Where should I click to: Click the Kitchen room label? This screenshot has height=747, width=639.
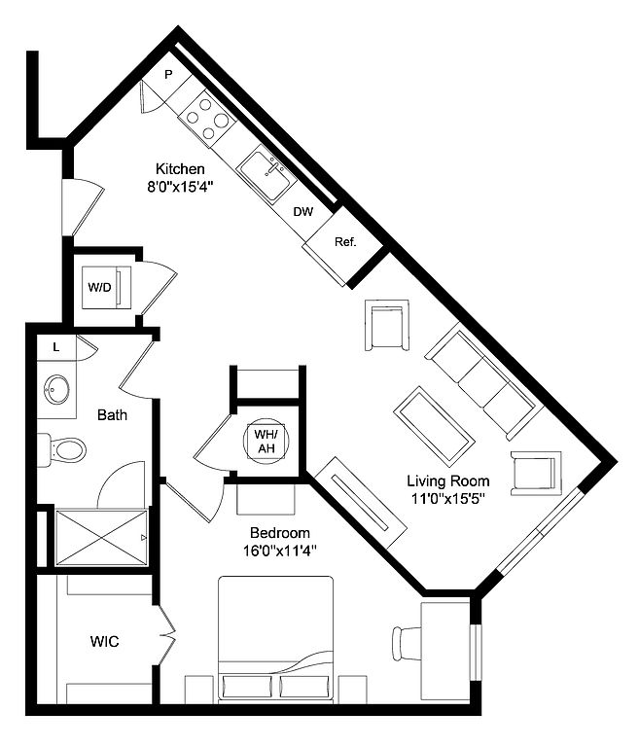180,168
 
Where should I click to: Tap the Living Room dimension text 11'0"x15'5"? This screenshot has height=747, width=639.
447,499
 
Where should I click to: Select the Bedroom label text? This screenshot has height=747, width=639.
280,533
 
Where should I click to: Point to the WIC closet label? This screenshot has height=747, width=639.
105,641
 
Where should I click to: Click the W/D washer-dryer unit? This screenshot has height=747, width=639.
107,287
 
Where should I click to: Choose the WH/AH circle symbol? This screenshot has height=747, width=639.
266,442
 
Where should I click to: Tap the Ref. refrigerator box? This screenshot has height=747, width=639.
344,244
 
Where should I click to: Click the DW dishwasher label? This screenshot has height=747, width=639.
303,212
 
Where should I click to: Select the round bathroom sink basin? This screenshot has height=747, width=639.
56,389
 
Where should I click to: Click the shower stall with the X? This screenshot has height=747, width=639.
101,538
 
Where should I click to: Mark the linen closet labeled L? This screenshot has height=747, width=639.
56,348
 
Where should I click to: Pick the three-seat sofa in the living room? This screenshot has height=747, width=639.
484,380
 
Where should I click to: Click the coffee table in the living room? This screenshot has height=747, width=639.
434,426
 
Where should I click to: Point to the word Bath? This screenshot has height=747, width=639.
113,415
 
